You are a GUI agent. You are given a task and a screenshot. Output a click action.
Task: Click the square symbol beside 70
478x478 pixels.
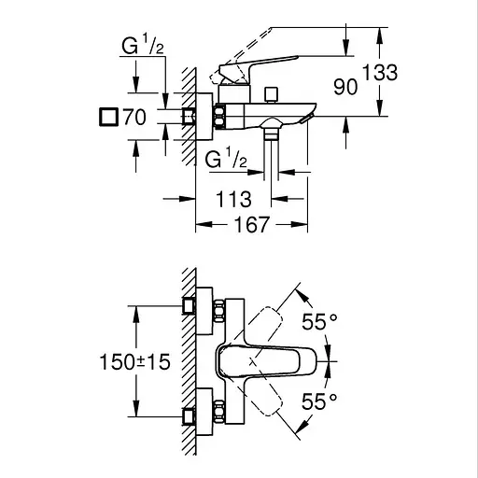107,118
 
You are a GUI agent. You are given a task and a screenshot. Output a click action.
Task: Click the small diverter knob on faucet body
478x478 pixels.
272,94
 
